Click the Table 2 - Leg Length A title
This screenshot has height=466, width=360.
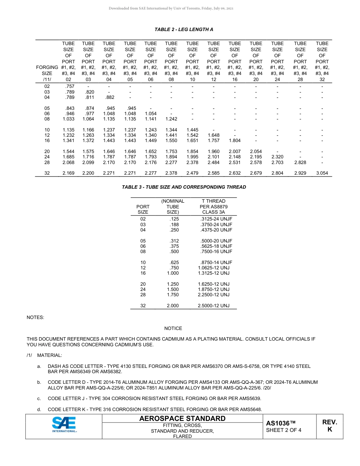184,30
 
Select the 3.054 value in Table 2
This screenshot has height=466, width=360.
322,173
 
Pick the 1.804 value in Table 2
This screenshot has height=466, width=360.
235,141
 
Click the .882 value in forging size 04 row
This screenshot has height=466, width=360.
109,97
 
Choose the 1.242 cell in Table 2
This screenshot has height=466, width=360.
171,119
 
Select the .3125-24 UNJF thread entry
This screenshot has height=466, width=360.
216,219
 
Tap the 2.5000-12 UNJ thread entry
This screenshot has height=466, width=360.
213,305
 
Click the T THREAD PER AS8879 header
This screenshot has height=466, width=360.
213,206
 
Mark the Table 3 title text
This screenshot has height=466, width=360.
184,187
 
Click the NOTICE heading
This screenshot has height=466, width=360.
173,328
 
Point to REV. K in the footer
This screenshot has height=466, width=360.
329,426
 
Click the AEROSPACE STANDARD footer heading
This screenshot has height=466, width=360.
182,419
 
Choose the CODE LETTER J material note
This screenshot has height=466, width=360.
154,399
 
